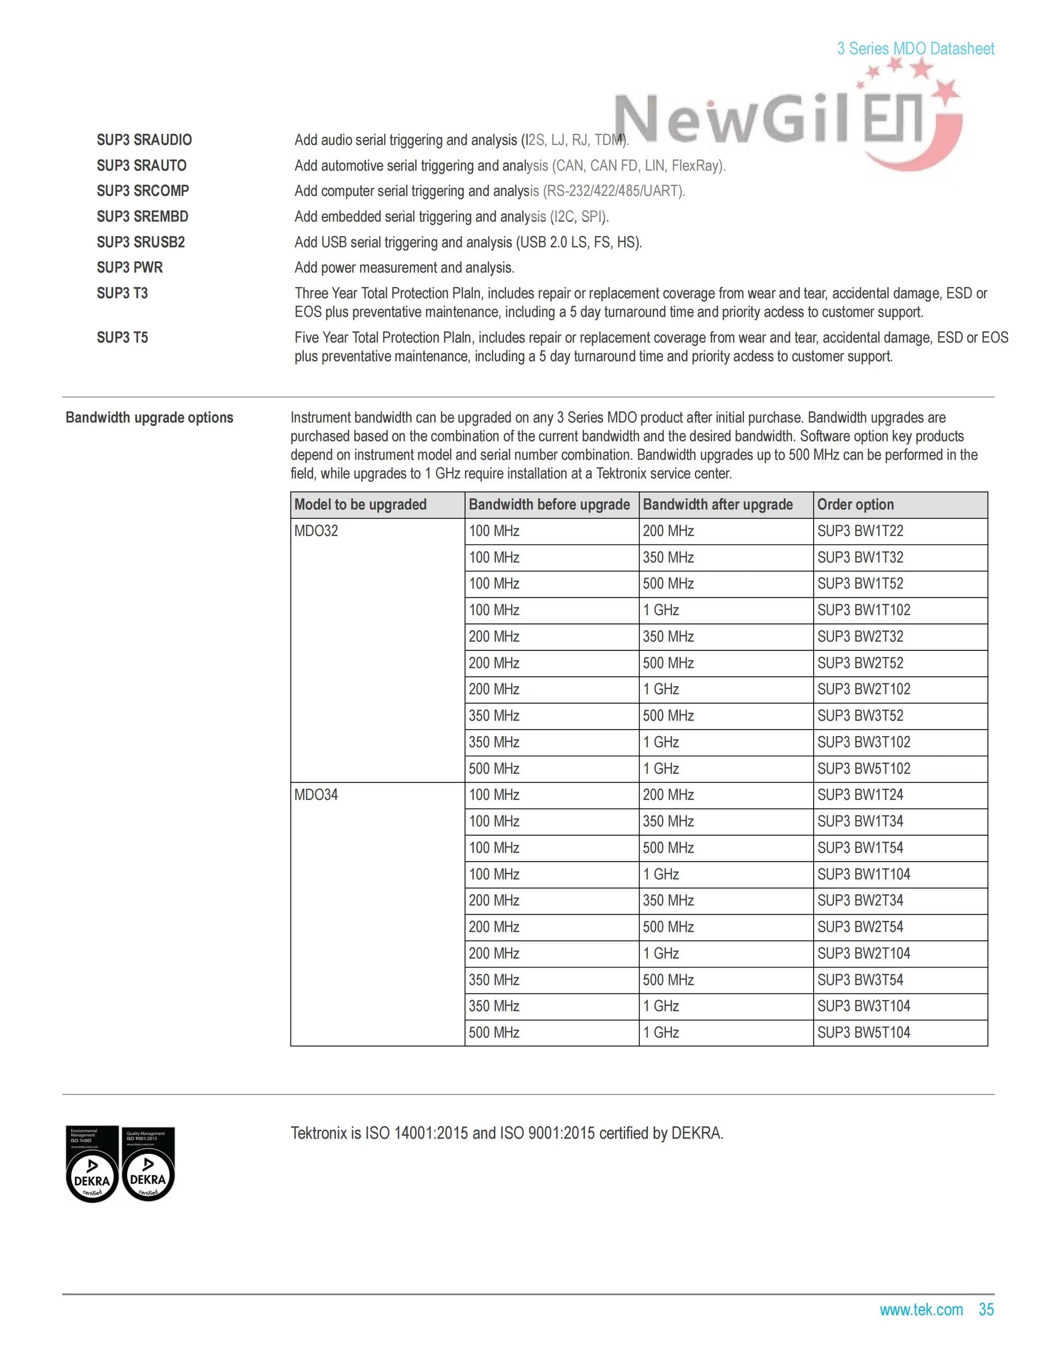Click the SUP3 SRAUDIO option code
(144, 140)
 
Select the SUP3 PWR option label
(130, 268)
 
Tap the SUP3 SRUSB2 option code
(141, 242)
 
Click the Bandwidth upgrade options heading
(149, 417)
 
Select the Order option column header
(855, 504)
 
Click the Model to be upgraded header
(360, 504)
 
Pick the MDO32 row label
(316, 531)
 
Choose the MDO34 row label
(316, 795)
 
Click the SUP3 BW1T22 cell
(860, 531)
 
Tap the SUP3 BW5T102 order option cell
(864, 769)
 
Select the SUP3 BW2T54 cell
(860, 927)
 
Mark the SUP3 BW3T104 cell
(864, 1006)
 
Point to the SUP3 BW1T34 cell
(860, 821)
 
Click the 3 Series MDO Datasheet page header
(915, 49)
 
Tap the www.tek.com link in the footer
(921, 1309)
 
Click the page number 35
(986, 1309)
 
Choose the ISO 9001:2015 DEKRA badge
(148, 1163)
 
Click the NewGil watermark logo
(783, 119)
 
